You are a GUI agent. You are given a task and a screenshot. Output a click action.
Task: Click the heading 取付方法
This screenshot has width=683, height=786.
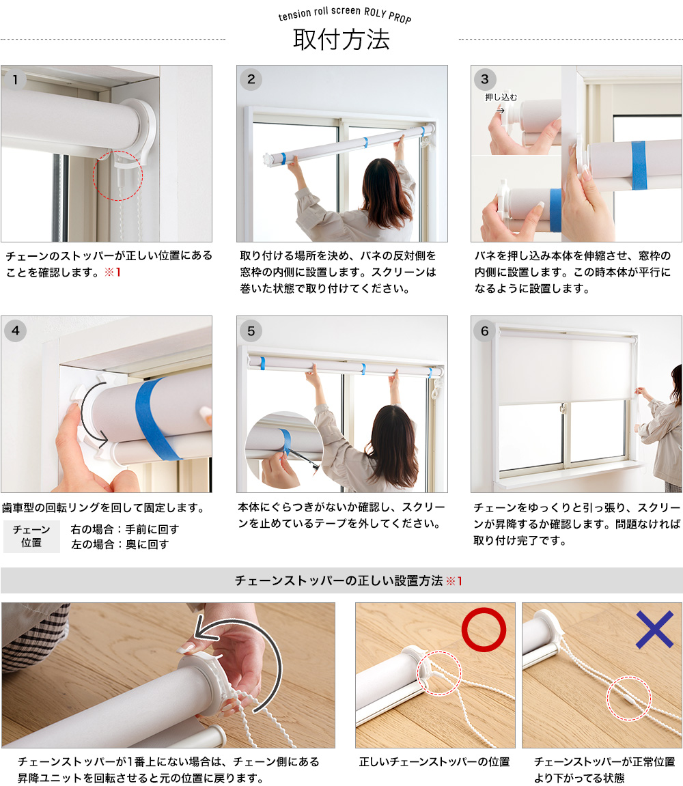coord(341,40)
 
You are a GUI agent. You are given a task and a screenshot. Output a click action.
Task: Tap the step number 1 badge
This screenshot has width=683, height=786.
coord(16,79)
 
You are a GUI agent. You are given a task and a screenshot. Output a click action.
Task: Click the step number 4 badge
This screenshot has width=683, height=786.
coord(16,331)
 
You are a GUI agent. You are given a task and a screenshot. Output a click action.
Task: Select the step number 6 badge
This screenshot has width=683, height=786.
coord(485,331)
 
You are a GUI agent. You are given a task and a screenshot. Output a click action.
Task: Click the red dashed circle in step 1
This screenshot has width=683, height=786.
coord(117,176)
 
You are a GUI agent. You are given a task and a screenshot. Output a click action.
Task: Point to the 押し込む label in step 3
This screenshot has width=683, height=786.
coord(501,98)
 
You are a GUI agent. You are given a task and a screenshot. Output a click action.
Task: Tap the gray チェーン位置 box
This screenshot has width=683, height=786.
coord(31,536)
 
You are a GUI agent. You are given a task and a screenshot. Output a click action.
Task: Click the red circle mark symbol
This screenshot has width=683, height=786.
coord(484,629)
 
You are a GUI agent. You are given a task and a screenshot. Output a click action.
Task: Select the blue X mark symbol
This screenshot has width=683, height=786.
coord(654,629)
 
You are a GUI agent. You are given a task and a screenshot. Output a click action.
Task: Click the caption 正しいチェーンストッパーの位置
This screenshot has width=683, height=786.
coord(434,761)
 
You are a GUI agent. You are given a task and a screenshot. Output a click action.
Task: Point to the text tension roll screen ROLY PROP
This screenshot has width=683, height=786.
coord(345,15)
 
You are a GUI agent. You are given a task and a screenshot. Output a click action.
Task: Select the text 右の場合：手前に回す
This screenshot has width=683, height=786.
coord(125,529)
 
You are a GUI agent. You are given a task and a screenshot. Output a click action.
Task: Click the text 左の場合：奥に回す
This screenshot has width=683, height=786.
coord(120,544)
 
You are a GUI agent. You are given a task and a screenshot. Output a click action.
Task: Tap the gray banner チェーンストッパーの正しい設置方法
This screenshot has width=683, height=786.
coord(341,580)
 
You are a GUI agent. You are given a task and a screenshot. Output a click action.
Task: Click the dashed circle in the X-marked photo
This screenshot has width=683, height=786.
coord(628,698)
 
